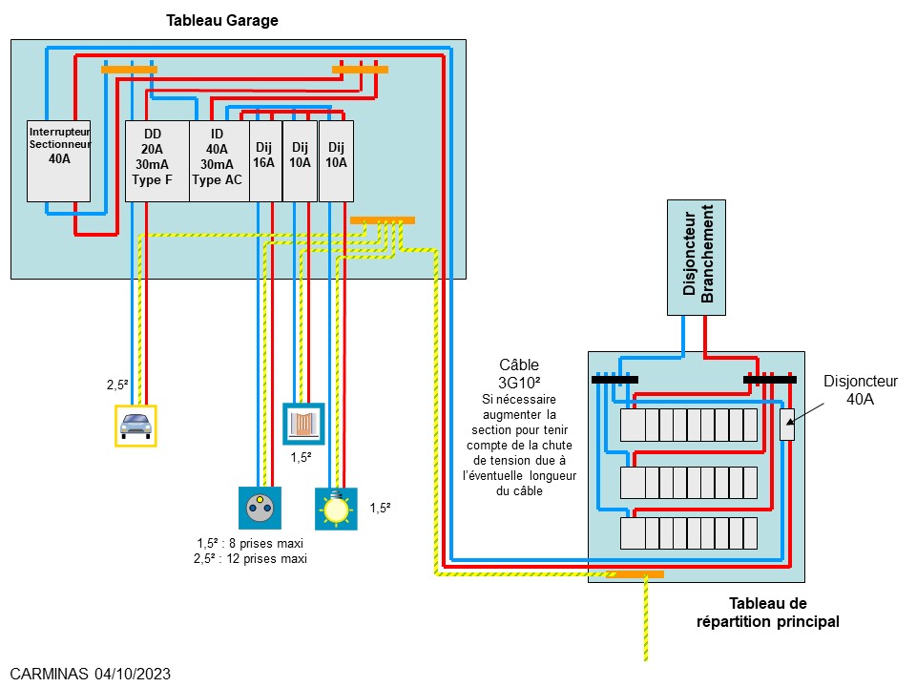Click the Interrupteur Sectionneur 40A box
58,160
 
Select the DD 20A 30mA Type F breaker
156,160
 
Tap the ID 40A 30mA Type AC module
219,160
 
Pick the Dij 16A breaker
265,160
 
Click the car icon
135,425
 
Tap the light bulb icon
336,509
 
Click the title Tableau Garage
222,20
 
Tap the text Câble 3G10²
519,374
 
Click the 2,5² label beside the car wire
117,385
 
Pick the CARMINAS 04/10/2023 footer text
91,674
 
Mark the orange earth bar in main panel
635,574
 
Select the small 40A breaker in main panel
787,424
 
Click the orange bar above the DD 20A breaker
129,69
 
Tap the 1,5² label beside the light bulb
380,509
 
